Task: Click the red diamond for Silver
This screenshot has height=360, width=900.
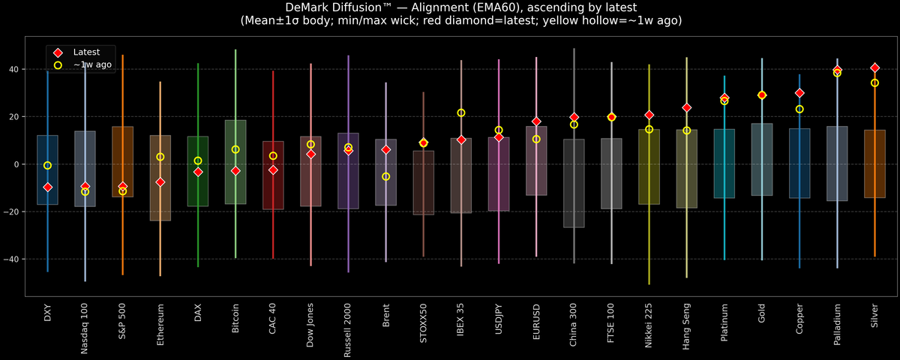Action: tap(874, 68)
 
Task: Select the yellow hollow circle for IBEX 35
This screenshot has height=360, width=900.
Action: tap(461, 113)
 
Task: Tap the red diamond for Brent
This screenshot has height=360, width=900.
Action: tap(385, 150)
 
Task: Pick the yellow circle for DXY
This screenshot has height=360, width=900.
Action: tap(48, 166)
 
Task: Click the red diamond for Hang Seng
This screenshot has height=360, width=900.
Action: tap(686, 108)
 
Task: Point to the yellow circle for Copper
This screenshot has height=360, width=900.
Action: tap(799, 109)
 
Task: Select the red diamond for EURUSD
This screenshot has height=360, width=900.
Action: tap(536, 121)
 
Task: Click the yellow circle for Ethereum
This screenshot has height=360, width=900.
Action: tap(160, 157)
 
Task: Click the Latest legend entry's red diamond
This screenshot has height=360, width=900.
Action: tap(58, 52)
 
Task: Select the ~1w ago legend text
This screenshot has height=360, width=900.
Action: tap(92, 65)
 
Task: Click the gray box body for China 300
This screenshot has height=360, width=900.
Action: tap(574, 183)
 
